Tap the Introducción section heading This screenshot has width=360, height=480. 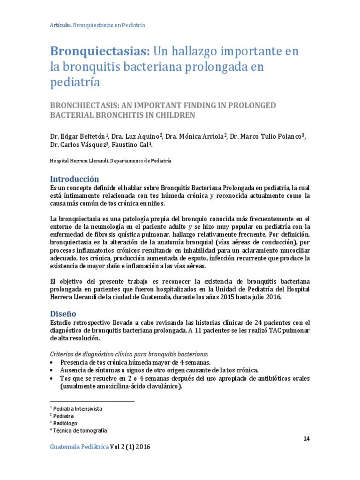coord(75,179)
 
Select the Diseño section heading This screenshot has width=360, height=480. coord(63,313)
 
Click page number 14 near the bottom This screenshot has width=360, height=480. coord(307,438)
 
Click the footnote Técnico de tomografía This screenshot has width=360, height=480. coord(81,430)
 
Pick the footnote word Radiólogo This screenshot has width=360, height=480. coord(67,423)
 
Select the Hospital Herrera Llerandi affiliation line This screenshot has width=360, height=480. coord(111,160)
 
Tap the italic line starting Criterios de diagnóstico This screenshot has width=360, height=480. coord(129,353)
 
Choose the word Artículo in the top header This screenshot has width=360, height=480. coord(60,25)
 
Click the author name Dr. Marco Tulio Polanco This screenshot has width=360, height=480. coord(268,136)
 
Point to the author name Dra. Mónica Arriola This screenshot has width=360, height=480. coord(197,136)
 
